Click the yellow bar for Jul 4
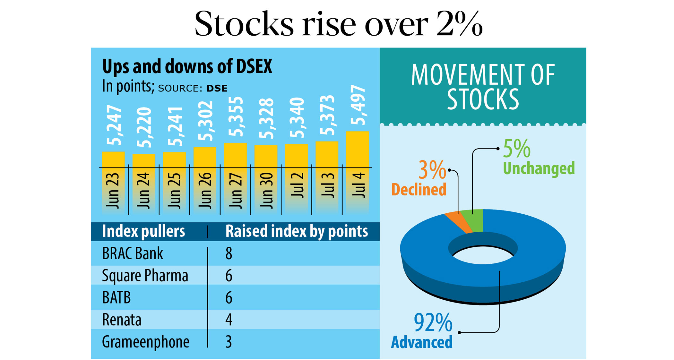[x=357, y=149]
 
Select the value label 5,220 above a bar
[x=144, y=127]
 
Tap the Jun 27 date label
[x=236, y=191]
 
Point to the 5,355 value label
[x=236, y=117]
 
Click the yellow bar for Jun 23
[x=113, y=159]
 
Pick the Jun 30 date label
[x=266, y=191]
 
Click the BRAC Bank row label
[x=133, y=253]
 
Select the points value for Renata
[x=229, y=320]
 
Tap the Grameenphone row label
[x=145, y=342]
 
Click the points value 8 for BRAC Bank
[x=229, y=253]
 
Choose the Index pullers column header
[x=143, y=231]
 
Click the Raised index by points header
[x=297, y=231]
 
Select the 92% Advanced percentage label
[x=433, y=322]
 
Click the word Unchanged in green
[x=539, y=168]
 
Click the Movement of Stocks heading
[x=483, y=87]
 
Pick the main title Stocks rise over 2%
[x=338, y=24]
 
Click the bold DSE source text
[x=217, y=89]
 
